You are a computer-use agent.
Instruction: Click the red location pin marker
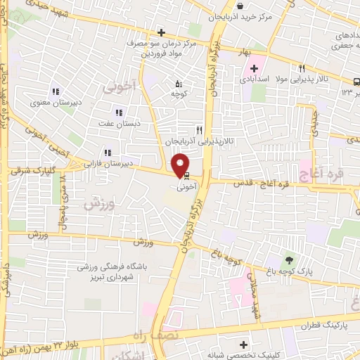(x=181, y=165)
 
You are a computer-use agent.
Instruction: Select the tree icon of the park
(x=290, y=260)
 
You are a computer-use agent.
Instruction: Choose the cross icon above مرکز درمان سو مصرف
(x=161, y=32)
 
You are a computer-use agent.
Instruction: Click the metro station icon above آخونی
(x=186, y=178)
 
